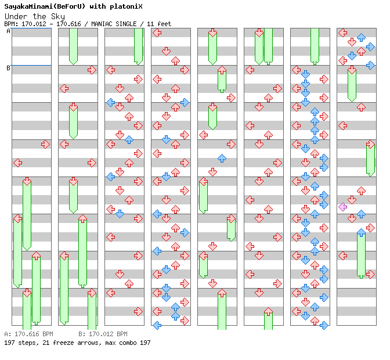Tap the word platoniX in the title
(124, 6)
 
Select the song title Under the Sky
(34, 16)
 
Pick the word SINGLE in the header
(132, 24)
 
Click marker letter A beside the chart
(8, 31)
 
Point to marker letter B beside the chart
(8, 68)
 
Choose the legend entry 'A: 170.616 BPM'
(28, 334)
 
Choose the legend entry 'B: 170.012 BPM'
(103, 334)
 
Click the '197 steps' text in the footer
(19, 343)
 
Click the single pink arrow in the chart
(342, 206)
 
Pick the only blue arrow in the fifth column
(222, 158)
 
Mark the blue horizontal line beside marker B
(31, 65)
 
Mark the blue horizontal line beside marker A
(31, 28)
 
